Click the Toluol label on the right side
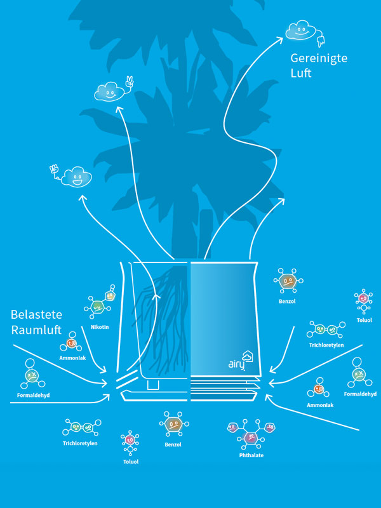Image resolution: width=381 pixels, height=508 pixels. pos(364,320)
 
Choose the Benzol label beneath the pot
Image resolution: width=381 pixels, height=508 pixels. pos(173,444)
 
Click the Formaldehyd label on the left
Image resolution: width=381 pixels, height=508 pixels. pos(33,395)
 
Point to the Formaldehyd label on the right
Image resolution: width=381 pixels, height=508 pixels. pos(360,394)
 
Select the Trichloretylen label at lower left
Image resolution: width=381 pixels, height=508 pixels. pos(80,443)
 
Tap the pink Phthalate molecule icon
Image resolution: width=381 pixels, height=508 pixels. pos(252,434)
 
